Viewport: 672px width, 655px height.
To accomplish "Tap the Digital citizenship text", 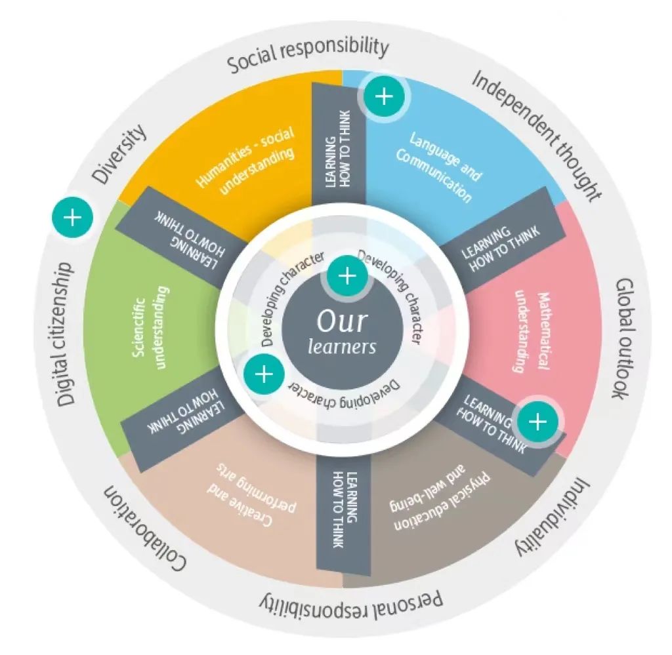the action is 64,334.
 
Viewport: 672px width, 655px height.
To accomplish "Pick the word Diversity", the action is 119,154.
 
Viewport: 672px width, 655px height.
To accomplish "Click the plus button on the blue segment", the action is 383,96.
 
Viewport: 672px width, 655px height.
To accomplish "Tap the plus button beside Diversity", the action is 72,218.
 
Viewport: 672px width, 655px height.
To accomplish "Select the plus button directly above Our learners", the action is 347,276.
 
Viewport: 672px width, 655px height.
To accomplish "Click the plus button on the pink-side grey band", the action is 538,422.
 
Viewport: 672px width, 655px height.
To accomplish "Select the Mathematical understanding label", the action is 532,332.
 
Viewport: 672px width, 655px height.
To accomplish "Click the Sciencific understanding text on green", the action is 150,328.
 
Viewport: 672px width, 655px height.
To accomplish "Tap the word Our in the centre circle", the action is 342,321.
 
